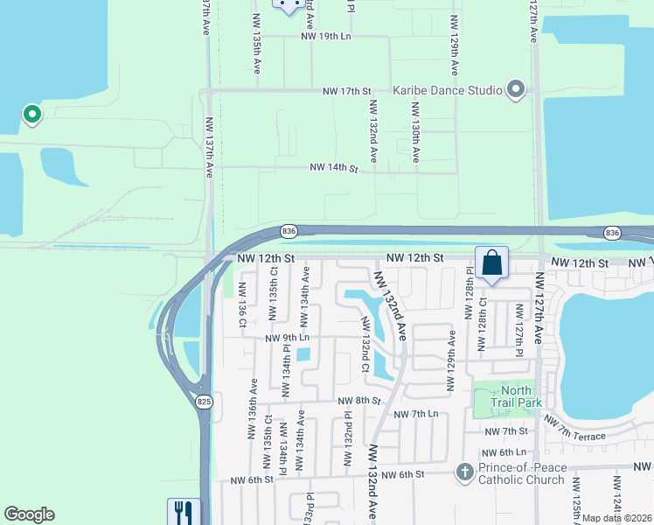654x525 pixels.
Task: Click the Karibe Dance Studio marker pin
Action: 516,89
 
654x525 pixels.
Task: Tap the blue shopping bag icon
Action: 491,262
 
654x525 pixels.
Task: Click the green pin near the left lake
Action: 31,114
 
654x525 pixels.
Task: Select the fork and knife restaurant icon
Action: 184,511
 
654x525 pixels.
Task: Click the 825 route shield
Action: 204,401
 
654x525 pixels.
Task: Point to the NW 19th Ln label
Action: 325,36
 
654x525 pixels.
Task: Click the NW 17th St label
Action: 347,90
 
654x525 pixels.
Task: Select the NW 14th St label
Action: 334,167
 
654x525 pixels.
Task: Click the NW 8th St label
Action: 358,400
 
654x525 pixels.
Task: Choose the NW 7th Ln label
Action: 415,414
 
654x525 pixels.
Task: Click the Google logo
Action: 29,514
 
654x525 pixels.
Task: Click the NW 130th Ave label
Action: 415,131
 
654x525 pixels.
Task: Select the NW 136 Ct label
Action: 242,305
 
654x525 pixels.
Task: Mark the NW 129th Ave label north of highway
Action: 454,44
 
